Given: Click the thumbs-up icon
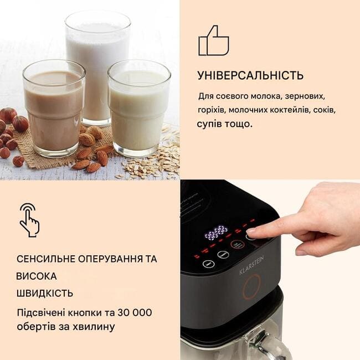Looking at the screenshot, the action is pyautogui.click(x=214, y=41).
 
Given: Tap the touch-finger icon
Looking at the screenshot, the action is pyautogui.click(x=29, y=220).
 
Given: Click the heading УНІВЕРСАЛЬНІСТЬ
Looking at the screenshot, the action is pyautogui.click(x=250, y=75).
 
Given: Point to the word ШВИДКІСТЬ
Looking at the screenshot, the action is pyautogui.click(x=45, y=293).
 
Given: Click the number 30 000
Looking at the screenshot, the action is pyautogui.click(x=135, y=312).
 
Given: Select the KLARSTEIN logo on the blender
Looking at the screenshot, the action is pyautogui.click(x=251, y=265).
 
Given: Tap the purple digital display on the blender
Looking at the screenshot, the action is pyautogui.click(x=216, y=233).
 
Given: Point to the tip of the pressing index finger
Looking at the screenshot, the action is pyautogui.click(x=249, y=232).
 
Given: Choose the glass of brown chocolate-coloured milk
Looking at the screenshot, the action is pyautogui.click(x=54, y=108).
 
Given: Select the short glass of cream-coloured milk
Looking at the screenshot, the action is pyautogui.click(x=139, y=108).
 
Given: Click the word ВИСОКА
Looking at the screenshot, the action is pyautogui.click(x=36, y=276).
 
